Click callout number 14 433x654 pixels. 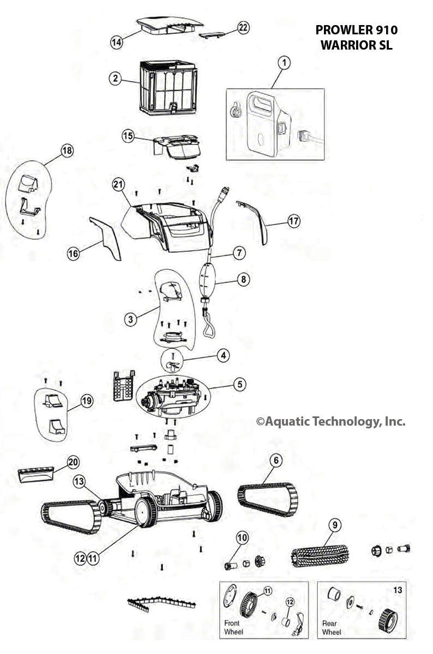tap(116, 43)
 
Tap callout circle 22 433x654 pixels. tap(243, 28)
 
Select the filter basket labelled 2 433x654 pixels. tap(166, 87)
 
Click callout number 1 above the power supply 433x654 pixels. tap(283, 63)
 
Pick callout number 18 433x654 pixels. tap(67, 151)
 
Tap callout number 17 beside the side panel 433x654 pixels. tap(293, 222)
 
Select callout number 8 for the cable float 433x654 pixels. tap(243, 280)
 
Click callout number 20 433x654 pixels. tap(73, 463)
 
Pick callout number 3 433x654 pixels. tap(130, 319)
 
